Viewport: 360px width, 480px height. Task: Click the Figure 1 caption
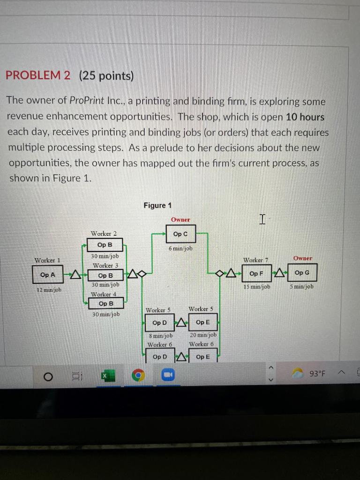[x=157, y=205]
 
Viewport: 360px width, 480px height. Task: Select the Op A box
[x=47, y=275]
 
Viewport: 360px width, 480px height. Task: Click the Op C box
[x=180, y=234]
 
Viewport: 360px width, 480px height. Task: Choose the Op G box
[x=302, y=273]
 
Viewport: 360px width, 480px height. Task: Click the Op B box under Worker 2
[x=105, y=245]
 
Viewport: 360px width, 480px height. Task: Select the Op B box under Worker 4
[x=105, y=304]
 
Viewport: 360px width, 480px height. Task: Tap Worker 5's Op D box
[x=159, y=322]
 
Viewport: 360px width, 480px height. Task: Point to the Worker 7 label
[x=255, y=260]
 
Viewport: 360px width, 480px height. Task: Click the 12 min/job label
[x=46, y=290]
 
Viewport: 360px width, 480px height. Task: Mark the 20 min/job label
[x=203, y=335]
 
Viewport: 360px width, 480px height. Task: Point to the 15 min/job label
[x=257, y=286]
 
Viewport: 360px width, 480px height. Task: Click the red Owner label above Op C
[x=180, y=219]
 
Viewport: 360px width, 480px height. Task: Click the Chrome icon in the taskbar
[x=137, y=375]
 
